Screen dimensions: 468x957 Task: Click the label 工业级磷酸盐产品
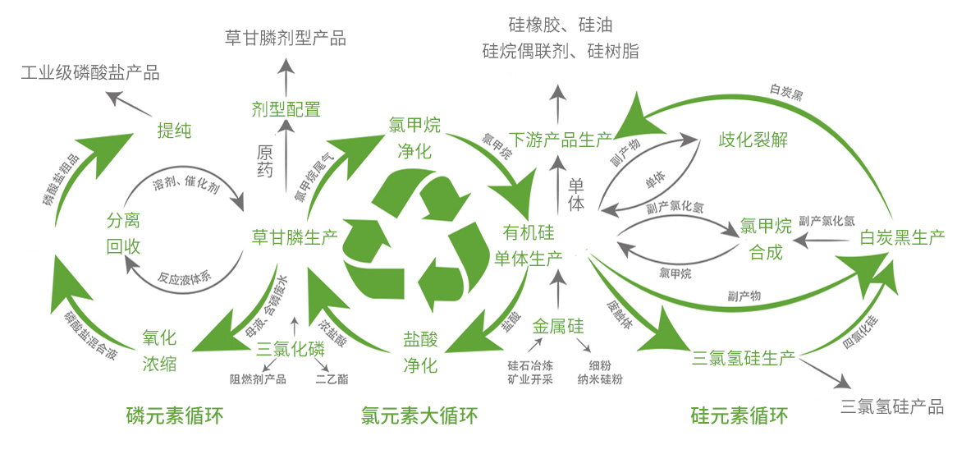90,73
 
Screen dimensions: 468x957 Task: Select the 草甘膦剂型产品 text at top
285,38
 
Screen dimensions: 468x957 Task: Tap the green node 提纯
174,130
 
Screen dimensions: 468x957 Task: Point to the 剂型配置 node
286,108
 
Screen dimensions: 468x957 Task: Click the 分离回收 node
123,233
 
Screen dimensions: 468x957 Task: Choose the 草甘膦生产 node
294,238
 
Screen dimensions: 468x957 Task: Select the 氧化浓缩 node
159,351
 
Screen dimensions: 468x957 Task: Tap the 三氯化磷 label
291,348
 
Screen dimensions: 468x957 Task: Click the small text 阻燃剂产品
258,379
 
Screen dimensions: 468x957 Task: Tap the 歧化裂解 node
753,139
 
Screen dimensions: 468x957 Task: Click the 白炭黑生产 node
902,238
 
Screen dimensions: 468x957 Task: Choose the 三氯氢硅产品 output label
892,406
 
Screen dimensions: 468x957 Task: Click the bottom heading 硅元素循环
739,416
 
